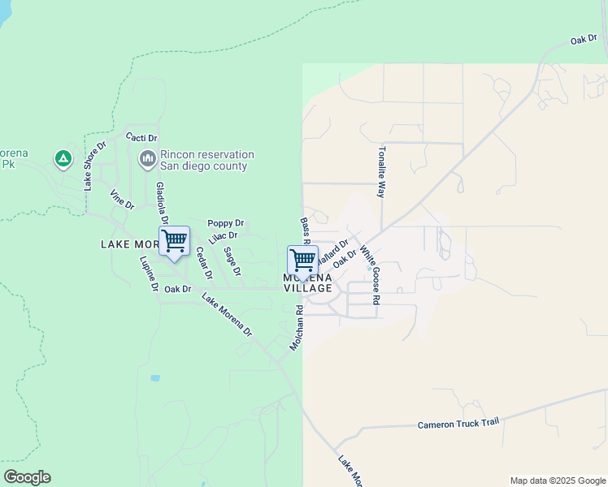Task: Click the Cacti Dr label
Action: (x=141, y=138)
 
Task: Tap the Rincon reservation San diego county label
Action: (x=206, y=161)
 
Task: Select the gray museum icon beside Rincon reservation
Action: (x=147, y=159)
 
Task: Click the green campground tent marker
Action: (x=63, y=158)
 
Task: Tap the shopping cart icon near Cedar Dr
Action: (x=174, y=242)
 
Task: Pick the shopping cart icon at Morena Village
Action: (x=302, y=261)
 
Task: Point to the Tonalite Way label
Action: (x=380, y=172)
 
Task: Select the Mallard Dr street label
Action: (x=333, y=250)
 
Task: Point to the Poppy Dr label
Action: (x=225, y=223)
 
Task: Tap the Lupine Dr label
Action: (x=149, y=275)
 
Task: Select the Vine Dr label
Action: (x=122, y=200)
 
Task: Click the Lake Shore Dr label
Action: (x=94, y=166)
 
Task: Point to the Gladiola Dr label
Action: (x=161, y=203)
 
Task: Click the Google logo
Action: (x=27, y=477)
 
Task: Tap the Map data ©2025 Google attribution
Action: (x=558, y=481)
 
